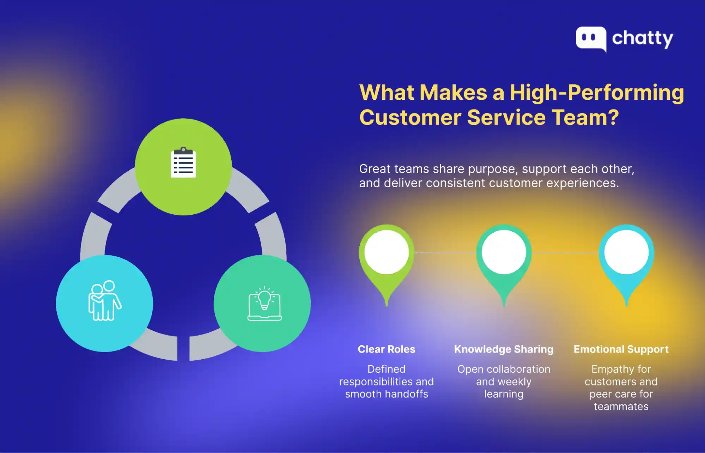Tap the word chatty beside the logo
(x=642, y=39)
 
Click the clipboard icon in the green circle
(x=183, y=163)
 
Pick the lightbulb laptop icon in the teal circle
(x=265, y=304)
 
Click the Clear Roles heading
(x=387, y=349)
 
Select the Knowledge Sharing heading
(x=504, y=349)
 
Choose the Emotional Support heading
(x=621, y=349)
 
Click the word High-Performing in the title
(x=597, y=93)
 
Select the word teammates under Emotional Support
(x=621, y=406)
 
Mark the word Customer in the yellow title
(x=410, y=117)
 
